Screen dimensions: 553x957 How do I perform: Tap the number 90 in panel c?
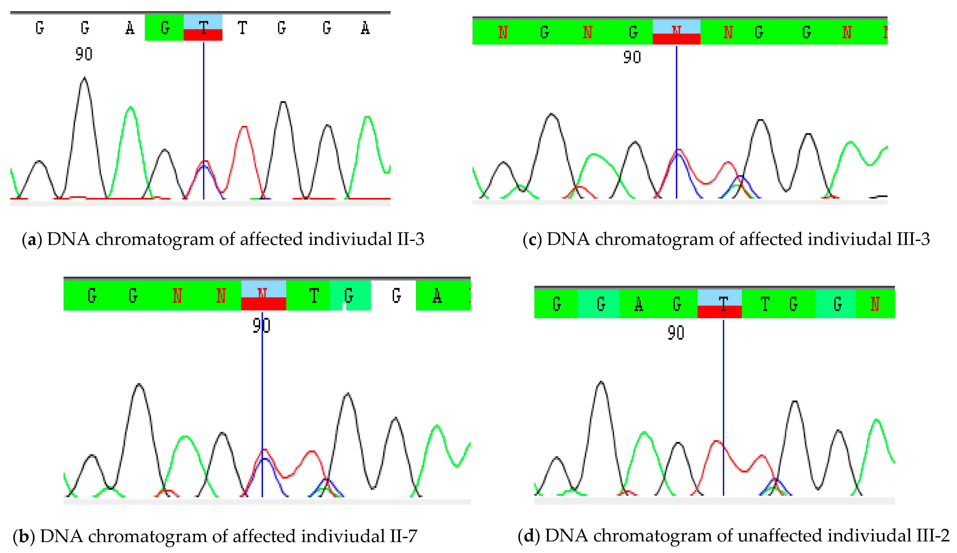pos(632,57)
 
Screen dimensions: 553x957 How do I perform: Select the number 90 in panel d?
pos(676,333)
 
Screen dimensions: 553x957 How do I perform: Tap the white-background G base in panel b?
pos(396,295)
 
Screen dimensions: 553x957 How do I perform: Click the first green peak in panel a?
pos(131,108)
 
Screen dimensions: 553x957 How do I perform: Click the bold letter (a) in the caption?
pos(32,239)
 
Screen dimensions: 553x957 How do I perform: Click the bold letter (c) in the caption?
pos(532,239)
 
